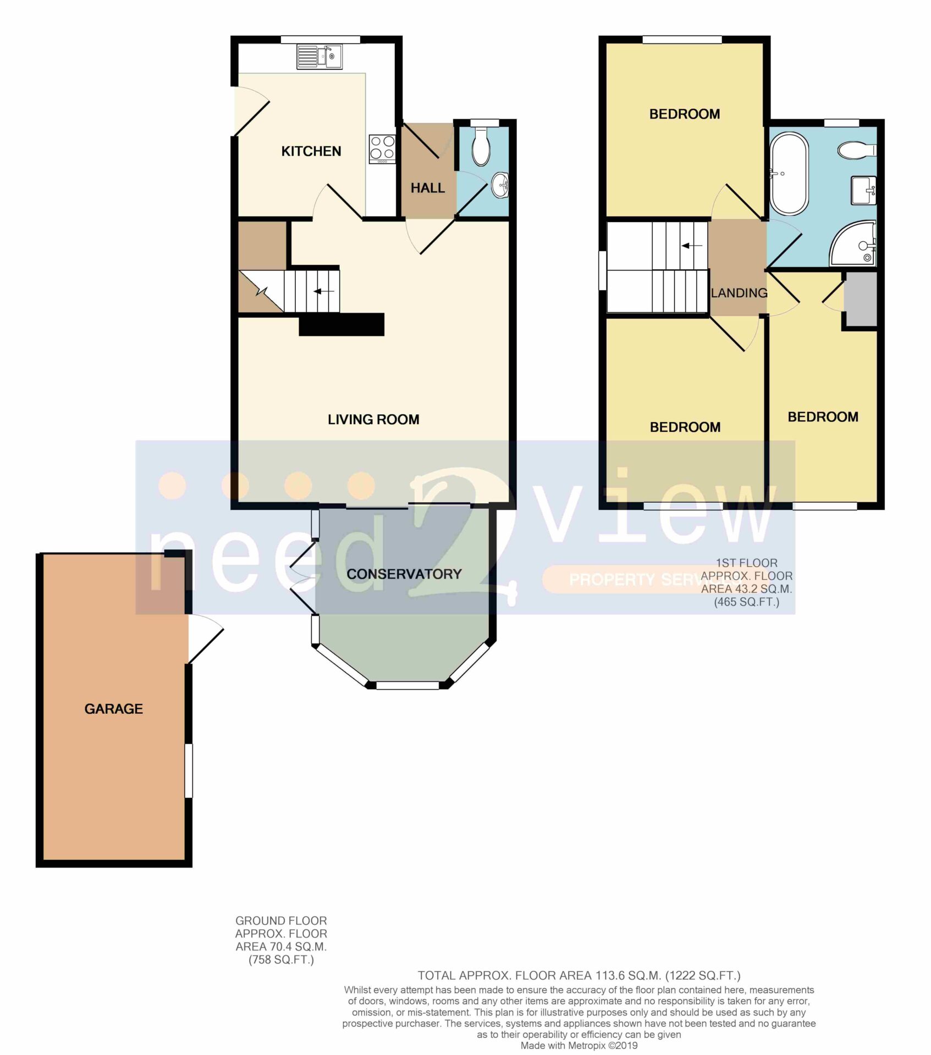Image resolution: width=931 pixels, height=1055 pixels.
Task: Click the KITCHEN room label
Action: point(311,151)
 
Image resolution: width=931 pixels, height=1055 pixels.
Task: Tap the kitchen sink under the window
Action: point(319,57)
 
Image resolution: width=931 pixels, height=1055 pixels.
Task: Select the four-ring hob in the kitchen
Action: point(382,149)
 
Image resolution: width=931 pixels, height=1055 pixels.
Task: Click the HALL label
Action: point(427,188)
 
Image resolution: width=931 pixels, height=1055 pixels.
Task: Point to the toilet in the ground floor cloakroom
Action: point(481,146)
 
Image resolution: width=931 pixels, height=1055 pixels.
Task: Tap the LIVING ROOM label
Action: point(373,420)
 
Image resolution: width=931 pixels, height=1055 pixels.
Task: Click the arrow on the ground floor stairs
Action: point(324,291)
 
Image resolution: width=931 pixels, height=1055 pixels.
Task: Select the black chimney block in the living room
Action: point(341,324)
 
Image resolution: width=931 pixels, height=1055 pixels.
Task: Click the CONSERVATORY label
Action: point(404,574)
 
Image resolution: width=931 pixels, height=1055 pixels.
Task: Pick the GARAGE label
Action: point(114,709)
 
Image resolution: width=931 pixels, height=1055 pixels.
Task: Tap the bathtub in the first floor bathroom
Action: point(790,174)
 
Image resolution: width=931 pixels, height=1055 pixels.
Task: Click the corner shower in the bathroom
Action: point(853,244)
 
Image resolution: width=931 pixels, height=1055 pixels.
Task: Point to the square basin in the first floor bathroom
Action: point(863,190)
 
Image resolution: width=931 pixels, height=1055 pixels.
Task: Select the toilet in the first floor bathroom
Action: point(857,150)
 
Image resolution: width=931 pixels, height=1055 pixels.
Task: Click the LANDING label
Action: point(739,293)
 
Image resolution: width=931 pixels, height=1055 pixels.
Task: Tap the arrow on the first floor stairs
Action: point(692,246)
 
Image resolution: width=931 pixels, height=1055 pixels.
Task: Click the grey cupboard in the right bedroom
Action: point(861,299)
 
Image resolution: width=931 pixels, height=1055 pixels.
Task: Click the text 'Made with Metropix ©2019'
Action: point(579,1046)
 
